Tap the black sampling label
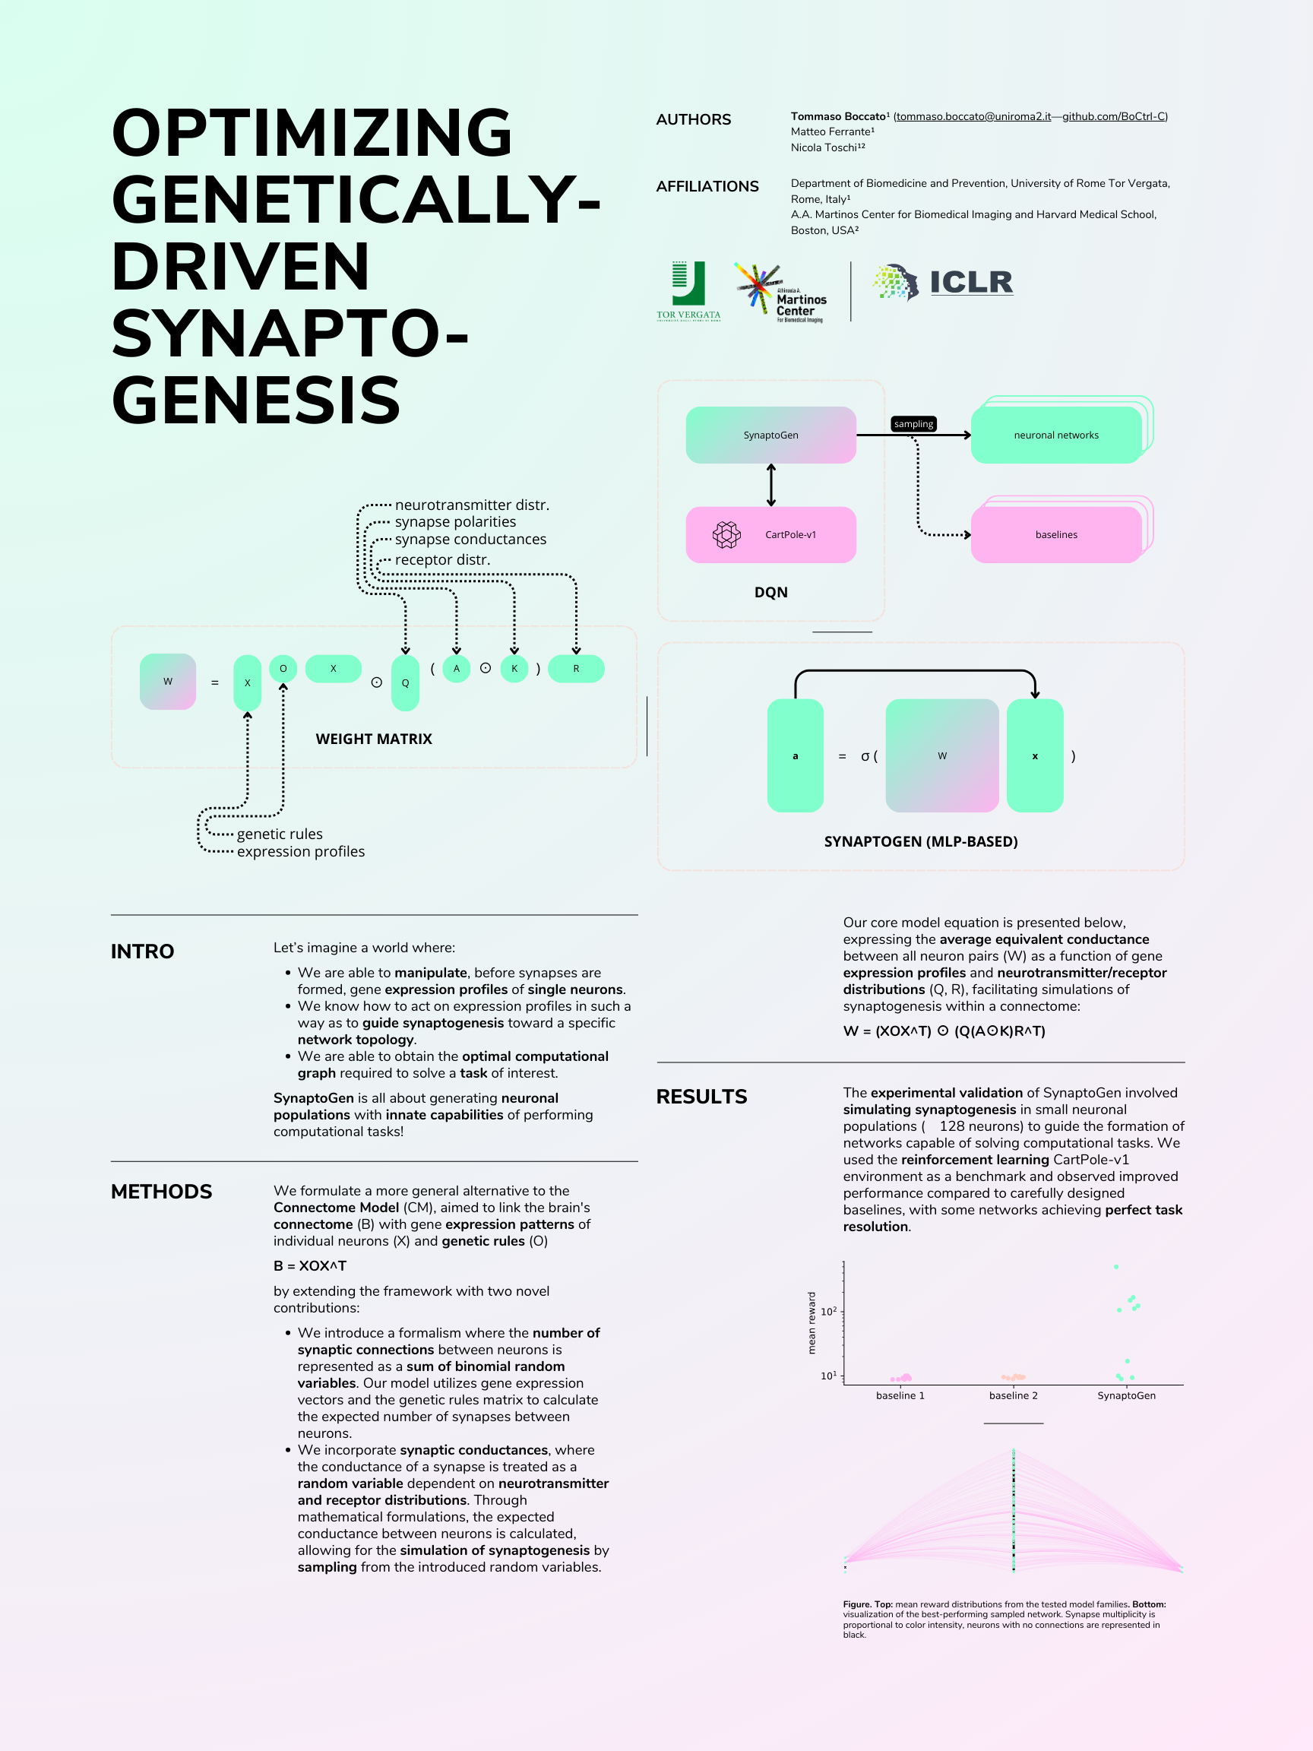pyautogui.click(x=913, y=423)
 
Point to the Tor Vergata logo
pyautogui.click(x=688, y=290)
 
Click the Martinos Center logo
pyautogui.click(x=780, y=292)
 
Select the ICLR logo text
pyautogui.click(x=971, y=282)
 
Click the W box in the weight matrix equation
pyautogui.click(x=168, y=681)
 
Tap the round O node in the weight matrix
pyautogui.click(x=283, y=668)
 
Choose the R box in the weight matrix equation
pyautogui.click(x=576, y=668)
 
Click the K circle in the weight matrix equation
pyautogui.click(x=514, y=668)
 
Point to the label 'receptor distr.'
pyautogui.click(x=442, y=559)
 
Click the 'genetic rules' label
pyautogui.click(x=280, y=834)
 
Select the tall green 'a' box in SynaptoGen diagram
pyautogui.click(x=796, y=755)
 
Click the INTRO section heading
pyautogui.click(x=142, y=951)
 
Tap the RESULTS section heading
pyautogui.click(x=701, y=1096)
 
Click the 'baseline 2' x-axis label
pyautogui.click(x=1013, y=1395)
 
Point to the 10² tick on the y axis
pyautogui.click(x=828, y=1311)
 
